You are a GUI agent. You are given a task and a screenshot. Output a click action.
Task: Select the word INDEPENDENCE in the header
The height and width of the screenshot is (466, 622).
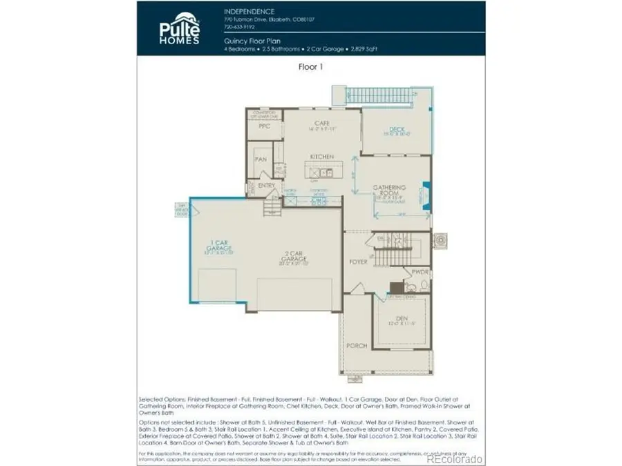point(248,12)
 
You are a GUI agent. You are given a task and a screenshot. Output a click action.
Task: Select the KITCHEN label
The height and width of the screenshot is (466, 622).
point(321,157)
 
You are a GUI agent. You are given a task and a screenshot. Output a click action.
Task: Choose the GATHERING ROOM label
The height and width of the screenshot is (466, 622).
point(389,191)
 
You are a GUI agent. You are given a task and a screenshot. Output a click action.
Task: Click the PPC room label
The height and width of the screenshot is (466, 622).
point(263,127)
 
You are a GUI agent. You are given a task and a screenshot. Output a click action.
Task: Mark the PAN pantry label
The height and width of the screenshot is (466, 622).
point(261,159)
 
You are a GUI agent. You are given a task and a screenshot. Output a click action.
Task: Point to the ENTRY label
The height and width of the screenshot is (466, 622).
point(266,186)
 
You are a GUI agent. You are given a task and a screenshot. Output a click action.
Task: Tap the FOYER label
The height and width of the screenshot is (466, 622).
point(357,262)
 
